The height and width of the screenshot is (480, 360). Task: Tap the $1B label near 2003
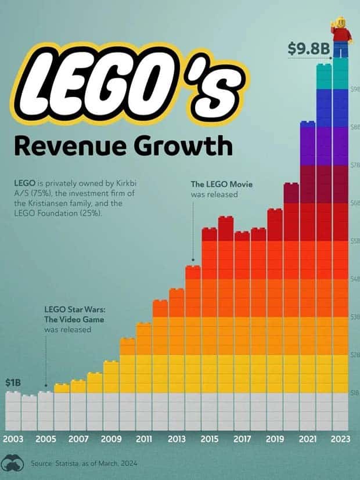point(13,383)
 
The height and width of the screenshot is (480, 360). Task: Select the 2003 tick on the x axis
point(13,439)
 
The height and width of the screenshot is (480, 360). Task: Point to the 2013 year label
point(177,439)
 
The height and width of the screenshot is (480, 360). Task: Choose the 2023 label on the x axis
point(340,439)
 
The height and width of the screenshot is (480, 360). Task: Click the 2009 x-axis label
point(111,439)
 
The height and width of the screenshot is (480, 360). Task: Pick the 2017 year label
point(242,439)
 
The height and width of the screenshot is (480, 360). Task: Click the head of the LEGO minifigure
point(340,22)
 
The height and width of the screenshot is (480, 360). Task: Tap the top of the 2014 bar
point(193,268)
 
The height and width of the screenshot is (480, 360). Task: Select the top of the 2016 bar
point(226,218)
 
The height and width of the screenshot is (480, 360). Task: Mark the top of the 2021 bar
point(307,123)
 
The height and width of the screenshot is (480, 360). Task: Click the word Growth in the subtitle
point(185,145)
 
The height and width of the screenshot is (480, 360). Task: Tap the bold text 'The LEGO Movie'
point(222,185)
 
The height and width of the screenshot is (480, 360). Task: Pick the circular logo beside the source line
point(12,463)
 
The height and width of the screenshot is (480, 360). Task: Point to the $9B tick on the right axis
point(355,89)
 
